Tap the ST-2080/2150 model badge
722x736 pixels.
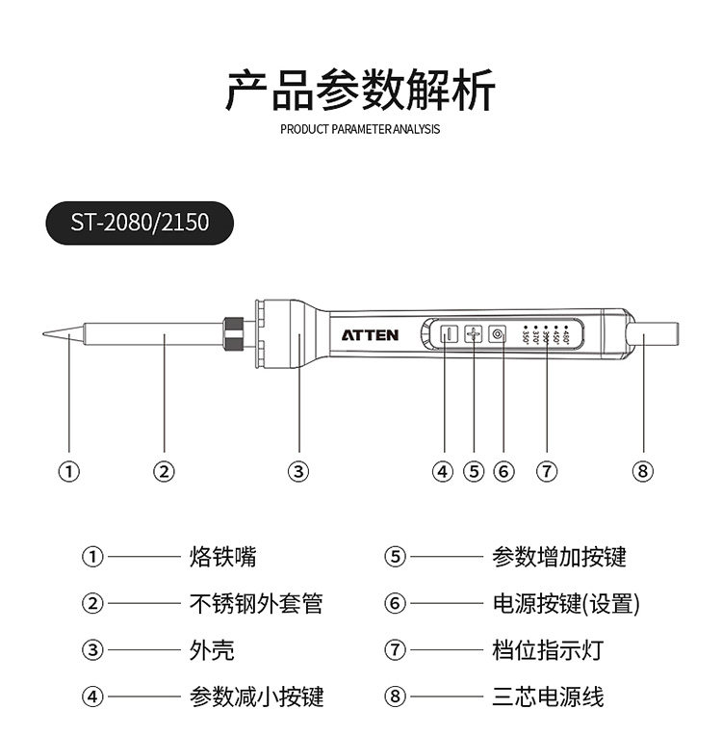tap(140, 223)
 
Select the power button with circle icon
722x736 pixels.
tap(497, 334)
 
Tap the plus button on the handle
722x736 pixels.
tap(473, 334)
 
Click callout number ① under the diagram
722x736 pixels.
tap(68, 471)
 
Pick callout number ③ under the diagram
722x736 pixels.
tap(298, 471)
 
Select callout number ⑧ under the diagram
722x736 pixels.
tap(643, 471)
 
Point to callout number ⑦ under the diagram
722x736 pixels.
tap(546, 471)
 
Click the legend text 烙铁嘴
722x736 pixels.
tap(223, 557)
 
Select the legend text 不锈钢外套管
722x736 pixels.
tap(256, 604)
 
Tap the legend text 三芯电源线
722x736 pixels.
tap(548, 697)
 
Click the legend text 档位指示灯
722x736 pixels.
tap(548, 650)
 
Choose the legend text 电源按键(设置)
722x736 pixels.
tap(566, 604)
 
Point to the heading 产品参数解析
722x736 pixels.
tap(360, 91)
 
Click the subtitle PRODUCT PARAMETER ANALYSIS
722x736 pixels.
tap(360, 129)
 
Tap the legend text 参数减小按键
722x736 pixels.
tap(256, 697)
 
